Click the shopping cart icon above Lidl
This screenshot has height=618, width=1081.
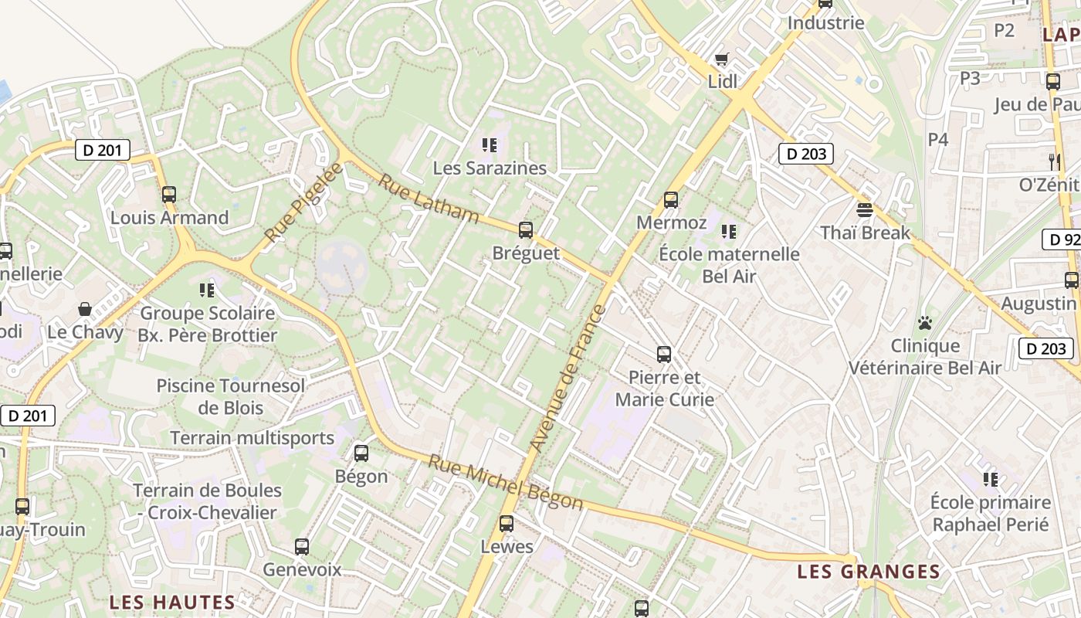(722, 59)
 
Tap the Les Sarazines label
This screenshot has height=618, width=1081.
(490, 168)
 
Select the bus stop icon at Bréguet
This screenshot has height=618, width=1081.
(526, 229)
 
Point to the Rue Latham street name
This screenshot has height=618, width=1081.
(429, 199)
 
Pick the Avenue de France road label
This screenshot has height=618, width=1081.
(568, 379)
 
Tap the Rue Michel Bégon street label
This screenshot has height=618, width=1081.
(506, 483)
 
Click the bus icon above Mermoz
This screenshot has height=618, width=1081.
(671, 200)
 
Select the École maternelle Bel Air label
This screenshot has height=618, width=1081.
(730, 265)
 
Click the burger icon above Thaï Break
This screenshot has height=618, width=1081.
(865, 209)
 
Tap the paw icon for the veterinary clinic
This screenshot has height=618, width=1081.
(925, 322)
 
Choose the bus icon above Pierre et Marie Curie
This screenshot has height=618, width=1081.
(664, 355)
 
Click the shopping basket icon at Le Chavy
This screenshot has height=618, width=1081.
(85, 309)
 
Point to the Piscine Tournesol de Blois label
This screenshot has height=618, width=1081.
(231, 396)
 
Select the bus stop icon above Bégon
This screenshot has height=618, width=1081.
(361, 453)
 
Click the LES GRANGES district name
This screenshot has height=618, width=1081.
(869, 572)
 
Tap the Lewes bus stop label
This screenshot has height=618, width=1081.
(507, 546)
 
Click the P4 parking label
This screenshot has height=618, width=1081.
(937, 139)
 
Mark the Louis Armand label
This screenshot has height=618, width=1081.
(170, 217)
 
